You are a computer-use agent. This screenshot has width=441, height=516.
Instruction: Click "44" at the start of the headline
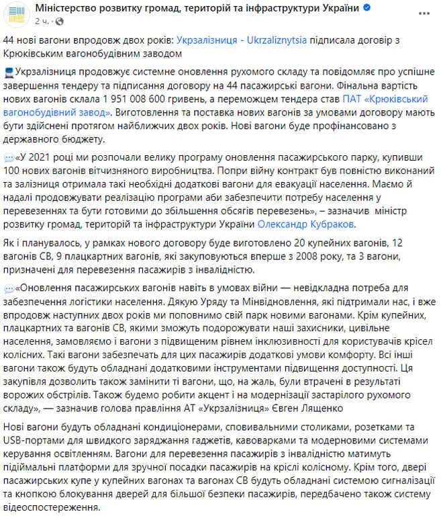click(x=9, y=40)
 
